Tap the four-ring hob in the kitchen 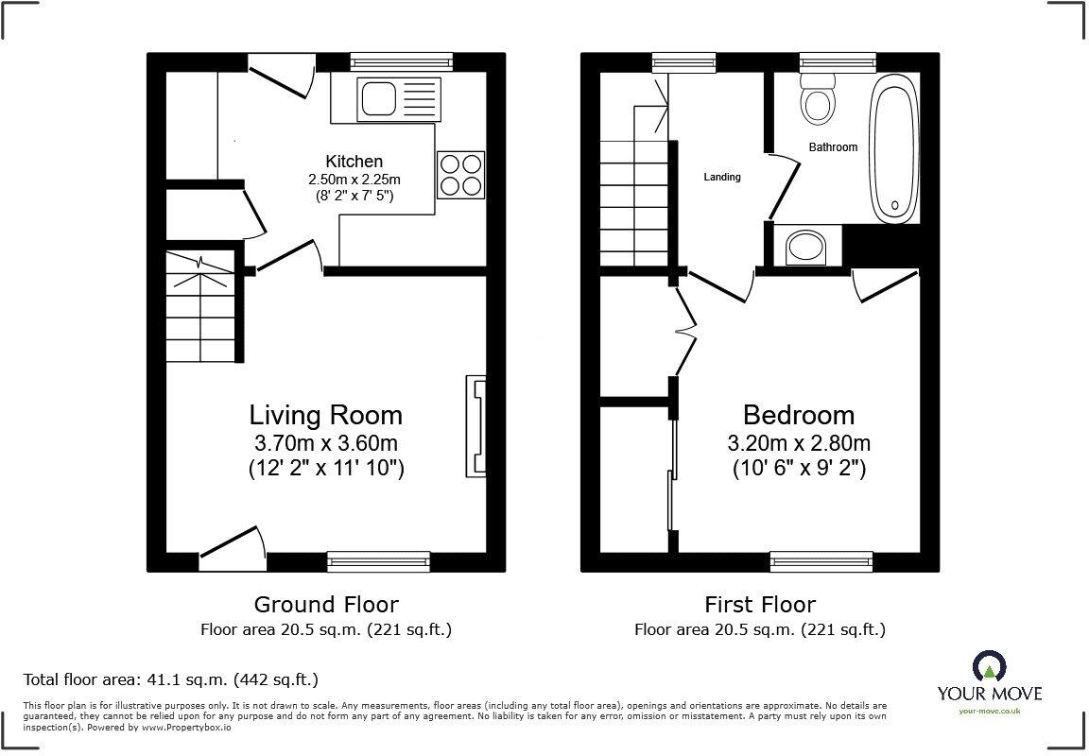pos(460,175)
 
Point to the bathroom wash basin pos(805,248)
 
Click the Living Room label pos(325,415)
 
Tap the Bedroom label pos(799,415)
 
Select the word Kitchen pos(354,162)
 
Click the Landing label pos(722,177)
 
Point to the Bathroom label pos(833,147)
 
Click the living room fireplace pos(475,425)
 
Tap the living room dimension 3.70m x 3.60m pos(325,443)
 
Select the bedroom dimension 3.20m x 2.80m pos(799,443)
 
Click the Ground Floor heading pos(326,604)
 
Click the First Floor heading pos(760,604)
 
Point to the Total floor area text pos(170,679)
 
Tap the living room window pos(378,561)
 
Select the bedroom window pos(821,561)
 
